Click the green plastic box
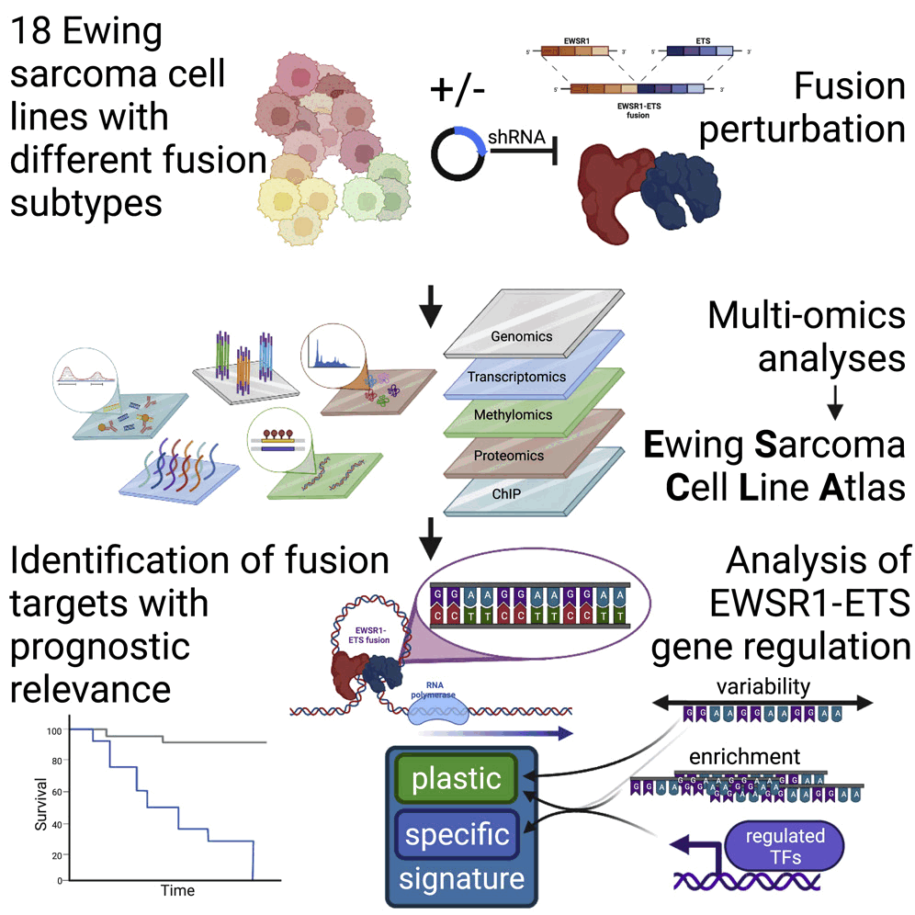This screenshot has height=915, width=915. [457, 780]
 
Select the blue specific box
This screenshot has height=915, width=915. [457, 836]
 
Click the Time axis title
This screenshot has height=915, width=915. [177, 890]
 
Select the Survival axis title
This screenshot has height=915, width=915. [41, 806]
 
